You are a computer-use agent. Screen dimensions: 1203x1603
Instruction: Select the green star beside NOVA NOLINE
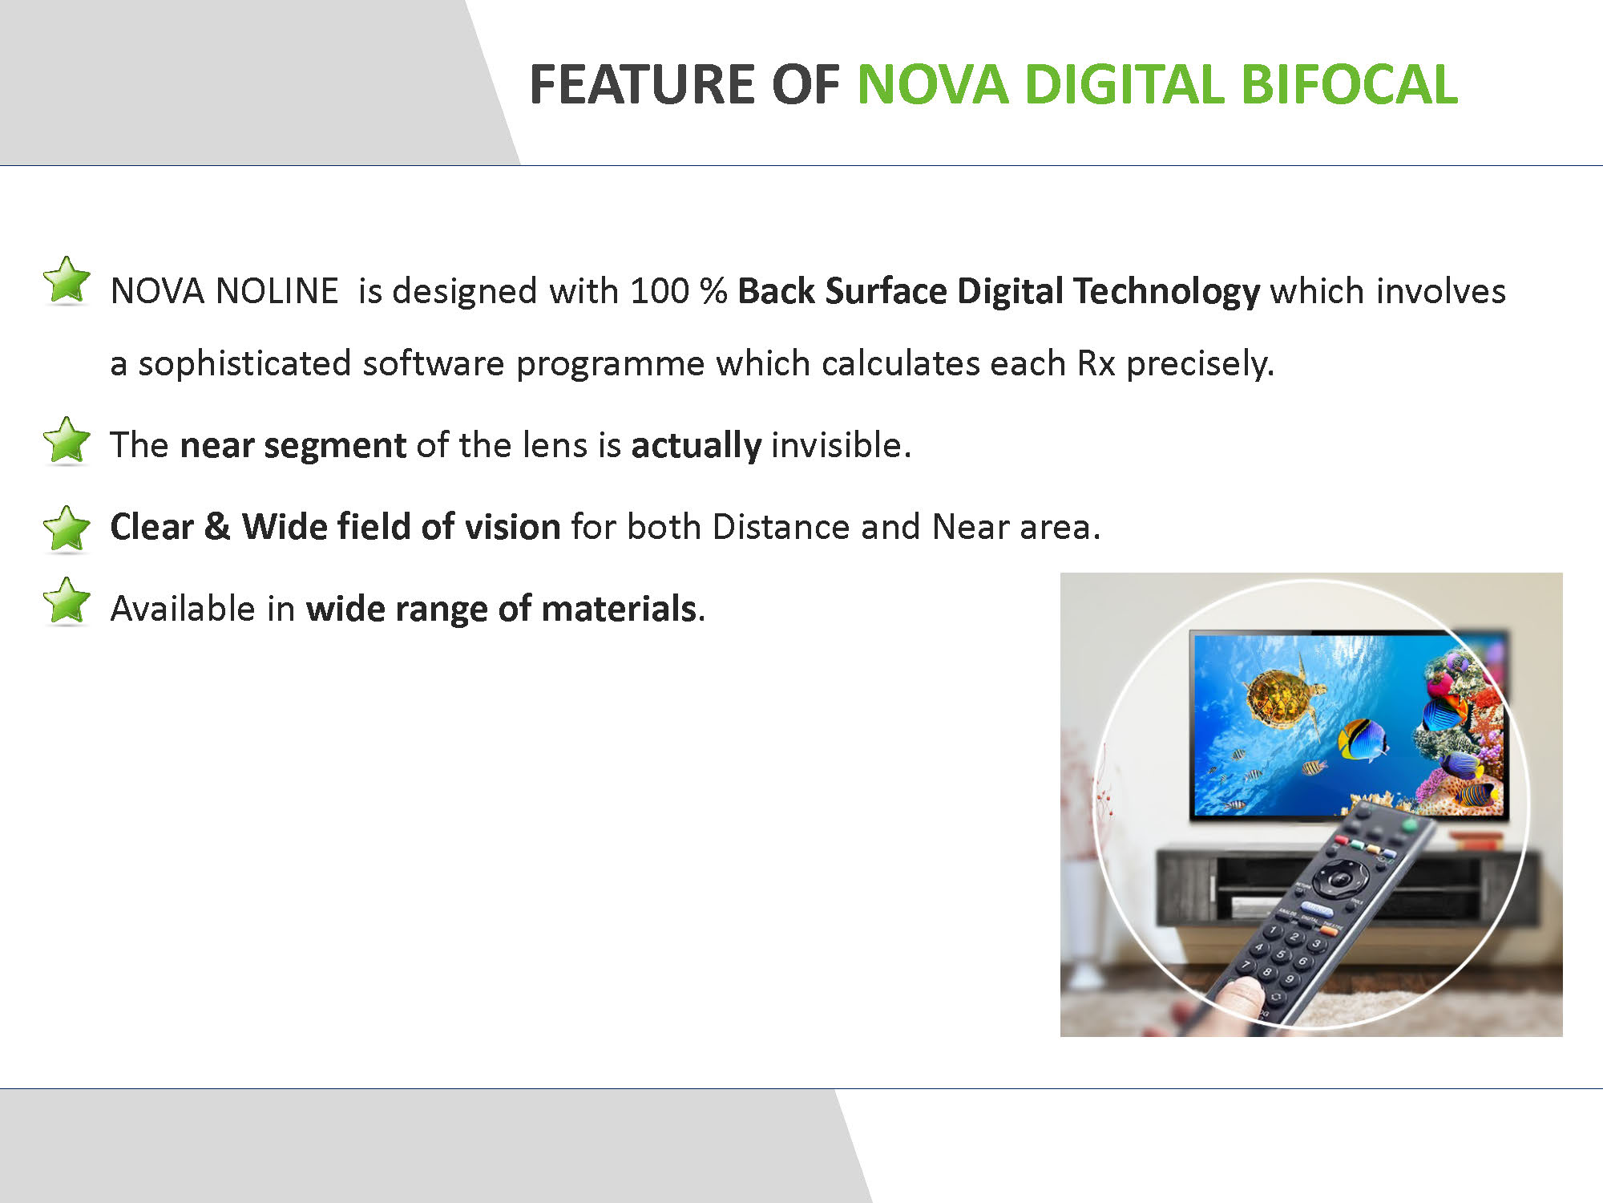67,282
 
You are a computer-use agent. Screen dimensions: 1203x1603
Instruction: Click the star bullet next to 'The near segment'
67,441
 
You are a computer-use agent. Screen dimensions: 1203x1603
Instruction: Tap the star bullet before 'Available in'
67,601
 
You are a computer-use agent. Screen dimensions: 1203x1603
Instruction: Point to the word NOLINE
277,291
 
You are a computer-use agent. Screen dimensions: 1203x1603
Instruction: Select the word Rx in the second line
1096,364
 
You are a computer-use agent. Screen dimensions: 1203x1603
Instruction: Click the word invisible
840,445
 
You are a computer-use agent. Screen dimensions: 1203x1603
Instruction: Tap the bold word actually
696,445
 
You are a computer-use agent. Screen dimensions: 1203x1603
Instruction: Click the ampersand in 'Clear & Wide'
216,527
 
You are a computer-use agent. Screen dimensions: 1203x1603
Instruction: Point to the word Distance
781,527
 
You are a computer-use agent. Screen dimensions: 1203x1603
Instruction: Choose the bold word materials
619,609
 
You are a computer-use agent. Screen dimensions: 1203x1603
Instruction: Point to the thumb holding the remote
1238,998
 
